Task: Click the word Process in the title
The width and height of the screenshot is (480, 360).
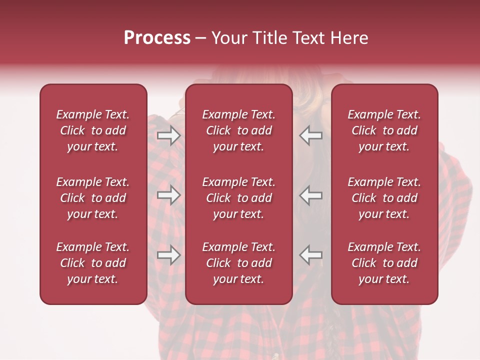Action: click(x=157, y=38)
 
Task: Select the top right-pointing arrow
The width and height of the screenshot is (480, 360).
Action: click(x=168, y=135)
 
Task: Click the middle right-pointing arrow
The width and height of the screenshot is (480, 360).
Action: click(x=168, y=195)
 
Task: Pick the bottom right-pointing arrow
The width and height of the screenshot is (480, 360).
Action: click(x=168, y=255)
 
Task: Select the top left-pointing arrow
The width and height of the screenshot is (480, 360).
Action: click(x=311, y=135)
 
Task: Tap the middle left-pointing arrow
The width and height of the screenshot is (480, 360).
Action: click(x=311, y=195)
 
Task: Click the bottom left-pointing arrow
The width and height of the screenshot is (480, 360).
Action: click(x=311, y=255)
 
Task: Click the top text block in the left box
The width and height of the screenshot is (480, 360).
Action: click(x=93, y=130)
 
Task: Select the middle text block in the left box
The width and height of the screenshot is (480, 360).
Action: click(x=93, y=198)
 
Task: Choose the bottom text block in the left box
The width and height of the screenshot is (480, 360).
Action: click(x=93, y=263)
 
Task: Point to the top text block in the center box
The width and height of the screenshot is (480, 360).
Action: click(x=238, y=130)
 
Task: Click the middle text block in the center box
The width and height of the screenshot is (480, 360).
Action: click(x=238, y=198)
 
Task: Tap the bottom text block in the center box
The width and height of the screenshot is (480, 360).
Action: click(x=238, y=263)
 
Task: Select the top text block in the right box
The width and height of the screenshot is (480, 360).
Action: click(x=384, y=130)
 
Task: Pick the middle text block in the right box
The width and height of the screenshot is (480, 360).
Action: click(x=384, y=198)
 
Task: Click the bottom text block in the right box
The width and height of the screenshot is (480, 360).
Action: click(x=384, y=263)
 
